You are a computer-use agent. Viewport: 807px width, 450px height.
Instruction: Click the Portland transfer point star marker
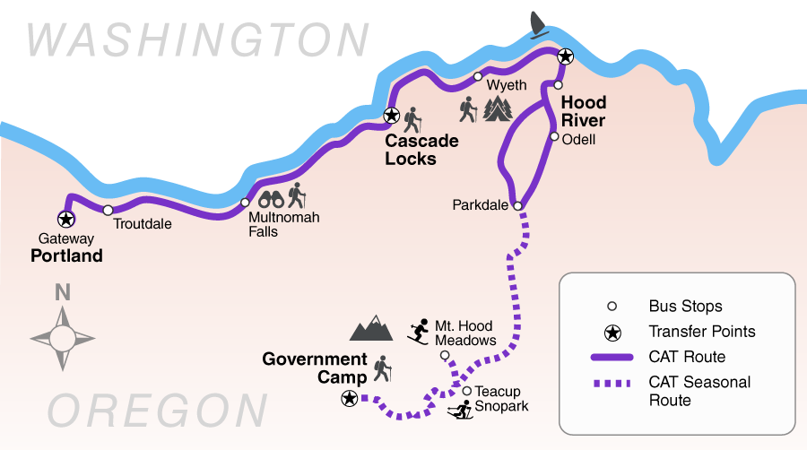pyautogui.click(x=65, y=218)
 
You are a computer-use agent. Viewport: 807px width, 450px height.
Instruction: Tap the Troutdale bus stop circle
pyautogui.click(x=108, y=211)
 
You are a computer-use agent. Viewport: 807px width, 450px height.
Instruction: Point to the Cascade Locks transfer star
pyautogui.click(x=391, y=116)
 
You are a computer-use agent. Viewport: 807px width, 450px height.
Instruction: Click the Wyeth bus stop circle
pyautogui.click(x=478, y=76)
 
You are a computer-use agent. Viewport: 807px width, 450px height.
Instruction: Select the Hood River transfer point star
pyautogui.click(x=565, y=56)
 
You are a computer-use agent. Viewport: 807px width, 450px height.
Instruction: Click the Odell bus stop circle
pyautogui.click(x=554, y=137)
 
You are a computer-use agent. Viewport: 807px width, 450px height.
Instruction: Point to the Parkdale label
pyautogui.click(x=481, y=206)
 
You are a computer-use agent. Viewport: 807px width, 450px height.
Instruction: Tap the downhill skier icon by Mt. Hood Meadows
pyautogui.click(x=418, y=332)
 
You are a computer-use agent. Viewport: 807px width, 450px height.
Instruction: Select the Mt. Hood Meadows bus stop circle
pyautogui.click(x=445, y=356)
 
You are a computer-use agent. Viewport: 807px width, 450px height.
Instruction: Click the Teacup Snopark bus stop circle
pyautogui.click(x=467, y=391)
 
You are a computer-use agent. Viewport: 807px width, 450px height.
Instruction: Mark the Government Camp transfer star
pyautogui.click(x=349, y=398)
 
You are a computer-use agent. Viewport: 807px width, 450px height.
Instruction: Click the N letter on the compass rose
pyautogui.click(x=63, y=292)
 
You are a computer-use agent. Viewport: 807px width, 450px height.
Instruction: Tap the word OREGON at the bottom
pyautogui.click(x=156, y=411)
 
